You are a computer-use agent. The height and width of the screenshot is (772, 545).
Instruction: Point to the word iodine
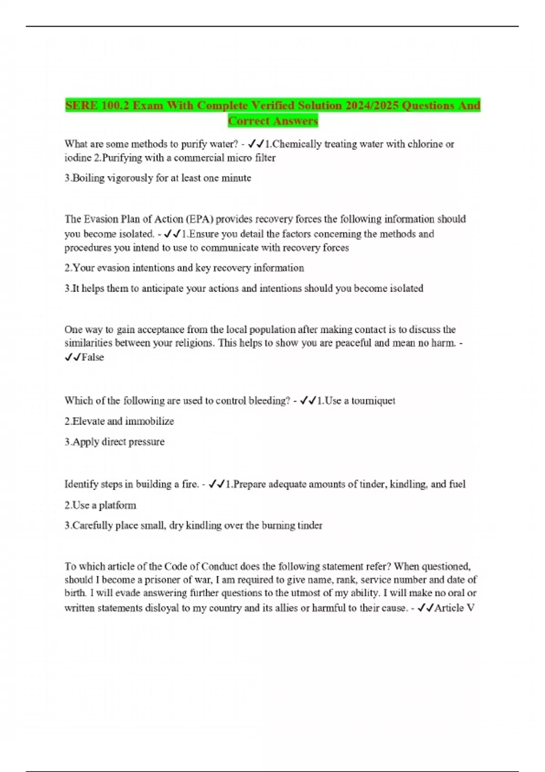(76, 158)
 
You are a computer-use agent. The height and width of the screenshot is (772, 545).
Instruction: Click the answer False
(93, 357)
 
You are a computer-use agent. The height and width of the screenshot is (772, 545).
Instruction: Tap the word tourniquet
(373, 401)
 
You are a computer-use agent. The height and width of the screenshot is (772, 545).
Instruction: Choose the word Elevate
(88, 421)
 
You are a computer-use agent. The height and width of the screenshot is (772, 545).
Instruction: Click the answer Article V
(454, 608)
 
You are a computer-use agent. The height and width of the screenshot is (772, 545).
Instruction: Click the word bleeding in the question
(268, 401)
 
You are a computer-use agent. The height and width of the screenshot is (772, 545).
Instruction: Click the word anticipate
(163, 289)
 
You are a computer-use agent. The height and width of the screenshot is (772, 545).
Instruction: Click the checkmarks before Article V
(425, 608)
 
